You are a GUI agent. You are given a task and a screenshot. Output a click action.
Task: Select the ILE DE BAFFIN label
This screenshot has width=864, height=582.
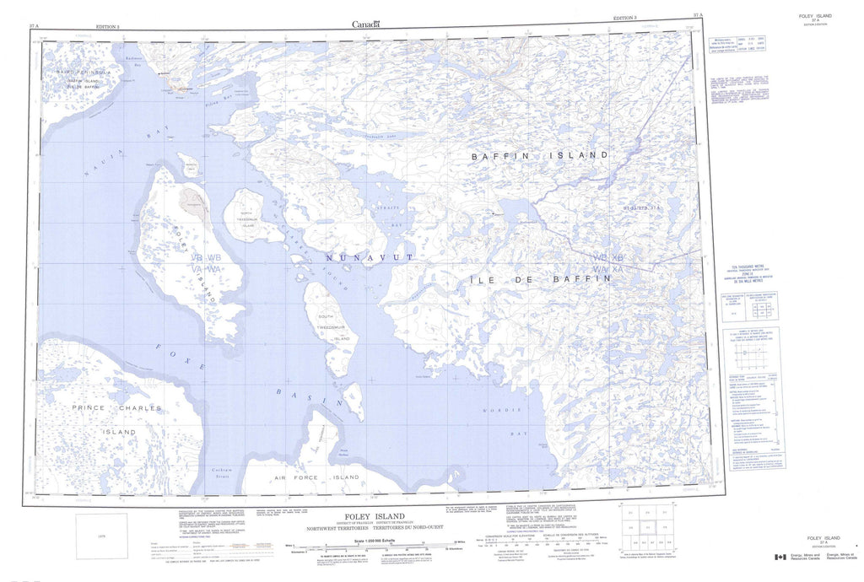[x=541, y=278]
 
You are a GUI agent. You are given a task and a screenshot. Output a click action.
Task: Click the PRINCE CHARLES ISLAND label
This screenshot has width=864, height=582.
[x=104, y=420]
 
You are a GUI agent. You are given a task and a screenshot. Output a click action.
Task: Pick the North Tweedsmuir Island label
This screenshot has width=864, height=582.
[x=246, y=220]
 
